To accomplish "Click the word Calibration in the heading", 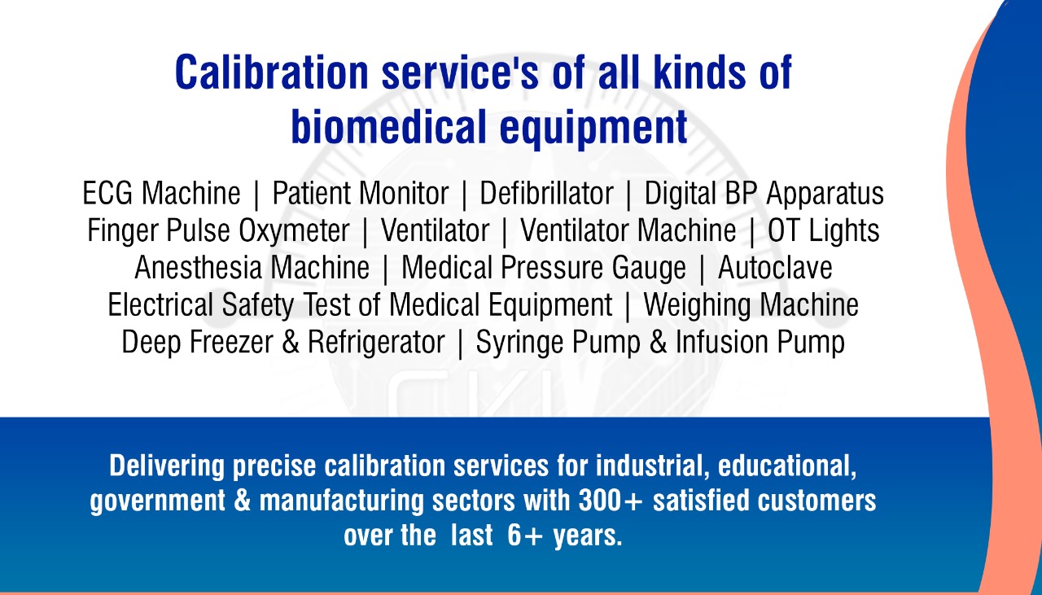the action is tap(272, 72).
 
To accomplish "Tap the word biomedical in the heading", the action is tap(389, 126).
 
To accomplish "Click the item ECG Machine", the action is tap(161, 193).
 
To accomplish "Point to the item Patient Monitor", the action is tap(361, 193).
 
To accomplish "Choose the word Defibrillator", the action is tap(546, 193).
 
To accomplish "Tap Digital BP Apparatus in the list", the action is tap(764, 194).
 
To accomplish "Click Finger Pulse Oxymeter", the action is tap(218, 231).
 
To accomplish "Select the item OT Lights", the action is tap(823, 231).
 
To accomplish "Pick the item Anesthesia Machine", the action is tap(252, 268).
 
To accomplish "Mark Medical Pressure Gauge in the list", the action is tap(544, 269).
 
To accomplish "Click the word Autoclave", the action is tap(775, 268).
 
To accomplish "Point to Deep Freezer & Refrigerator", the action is tap(283, 343).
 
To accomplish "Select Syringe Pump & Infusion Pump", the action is tap(660, 343).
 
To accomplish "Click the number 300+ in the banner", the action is tap(611, 501).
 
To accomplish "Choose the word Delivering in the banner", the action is tap(167, 466).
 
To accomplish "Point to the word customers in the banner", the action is tap(817, 501).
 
